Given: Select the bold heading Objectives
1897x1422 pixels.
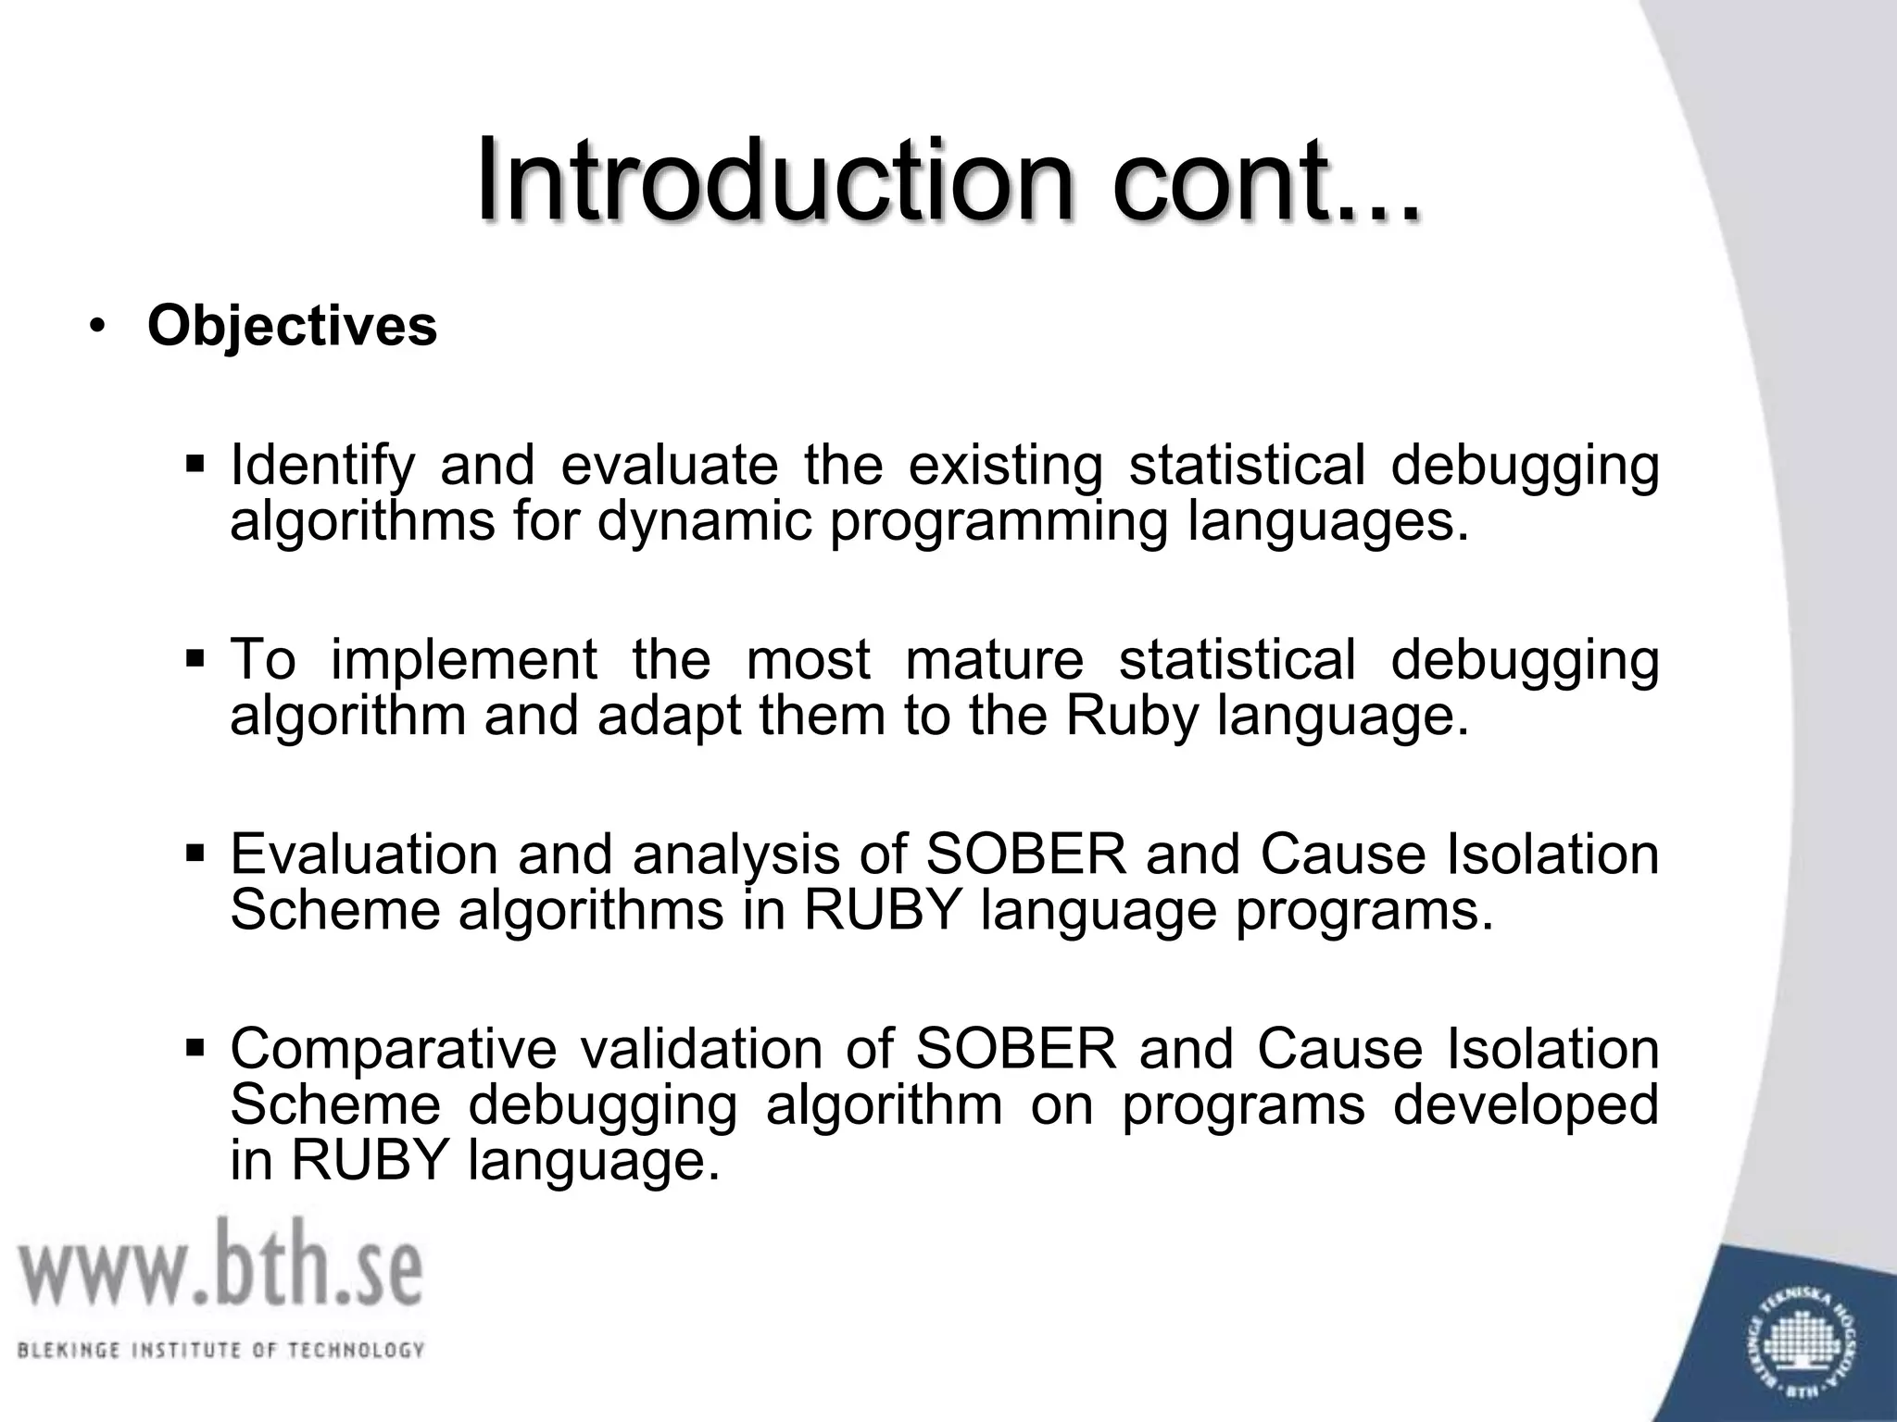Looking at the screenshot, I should coord(292,326).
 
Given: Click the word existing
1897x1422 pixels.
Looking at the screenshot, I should coord(1005,466).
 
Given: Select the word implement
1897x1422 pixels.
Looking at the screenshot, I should coord(463,660).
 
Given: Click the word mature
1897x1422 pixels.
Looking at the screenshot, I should coord(994,660).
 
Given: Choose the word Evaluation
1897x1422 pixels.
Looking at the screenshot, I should coord(364,854).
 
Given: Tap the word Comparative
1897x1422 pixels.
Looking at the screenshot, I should coord(393,1049).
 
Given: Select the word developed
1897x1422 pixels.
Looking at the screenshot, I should coord(1526,1105).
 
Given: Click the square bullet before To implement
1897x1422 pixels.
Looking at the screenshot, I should coord(195,660).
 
